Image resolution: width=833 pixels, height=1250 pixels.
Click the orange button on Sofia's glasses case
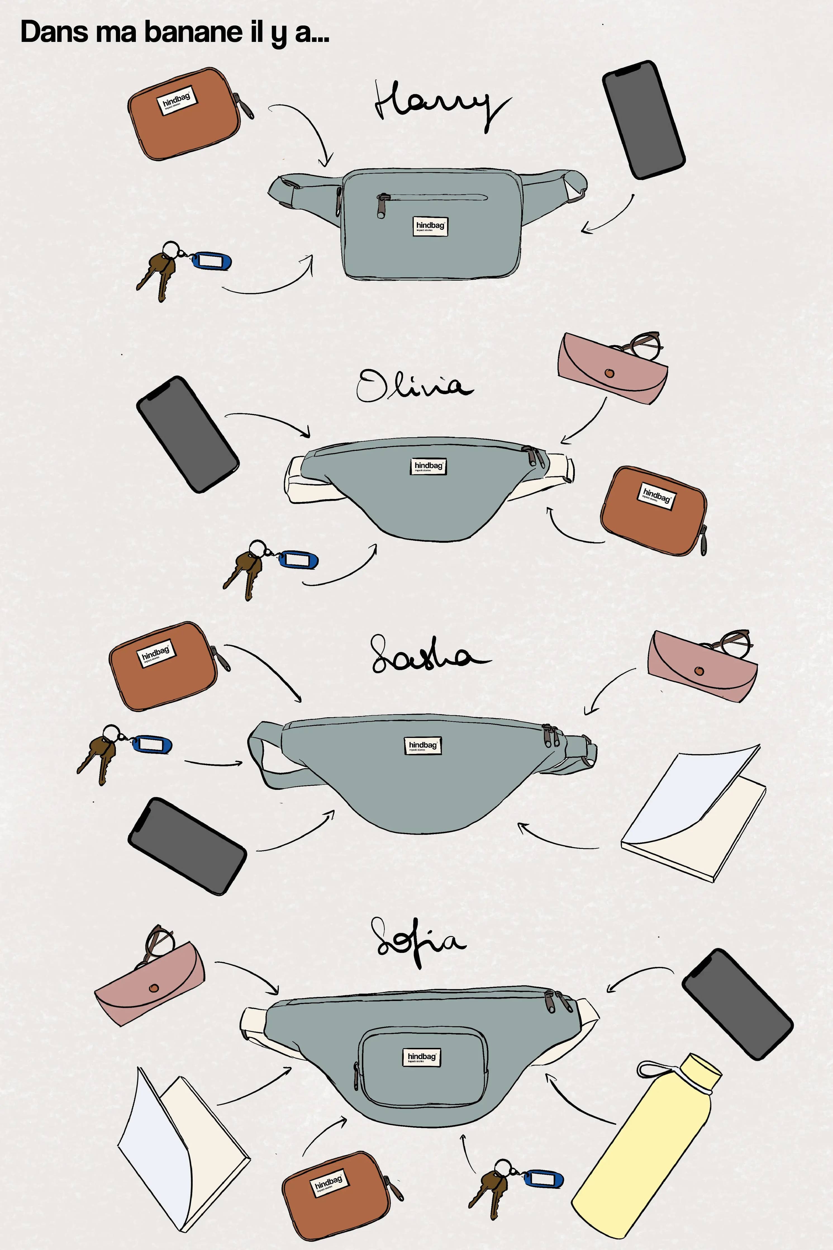click(x=154, y=988)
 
